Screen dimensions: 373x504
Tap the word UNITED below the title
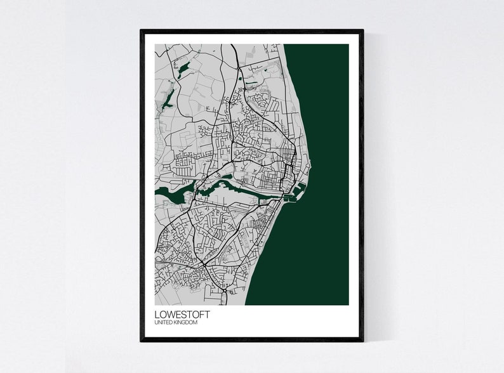point(163,323)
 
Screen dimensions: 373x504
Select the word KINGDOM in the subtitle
point(185,323)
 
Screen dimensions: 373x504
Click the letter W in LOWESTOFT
point(168,315)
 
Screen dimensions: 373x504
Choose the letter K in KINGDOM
point(175,323)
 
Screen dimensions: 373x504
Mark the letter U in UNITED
point(156,323)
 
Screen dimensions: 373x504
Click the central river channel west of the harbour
point(229,185)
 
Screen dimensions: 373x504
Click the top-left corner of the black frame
point(142,30)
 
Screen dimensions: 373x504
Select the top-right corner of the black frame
point(362,30)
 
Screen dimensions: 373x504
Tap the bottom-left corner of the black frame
point(142,340)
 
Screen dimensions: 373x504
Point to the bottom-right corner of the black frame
point(362,340)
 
